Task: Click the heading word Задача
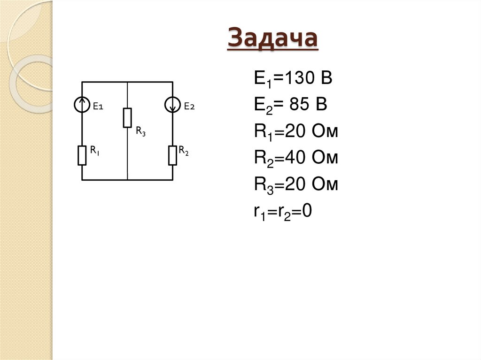(x=272, y=38)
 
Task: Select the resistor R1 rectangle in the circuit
(x=82, y=155)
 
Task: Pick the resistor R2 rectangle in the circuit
(x=173, y=155)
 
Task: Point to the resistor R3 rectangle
(x=127, y=117)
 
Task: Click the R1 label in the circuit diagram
(x=95, y=151)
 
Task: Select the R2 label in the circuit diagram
(x=184, y=151)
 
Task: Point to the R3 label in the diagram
(x=140, y=132)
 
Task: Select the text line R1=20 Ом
(x=296, y=131)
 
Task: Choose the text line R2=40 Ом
(x=296, y=158)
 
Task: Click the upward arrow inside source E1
(x=82, y=102)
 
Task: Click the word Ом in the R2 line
(x=324, y=158)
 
